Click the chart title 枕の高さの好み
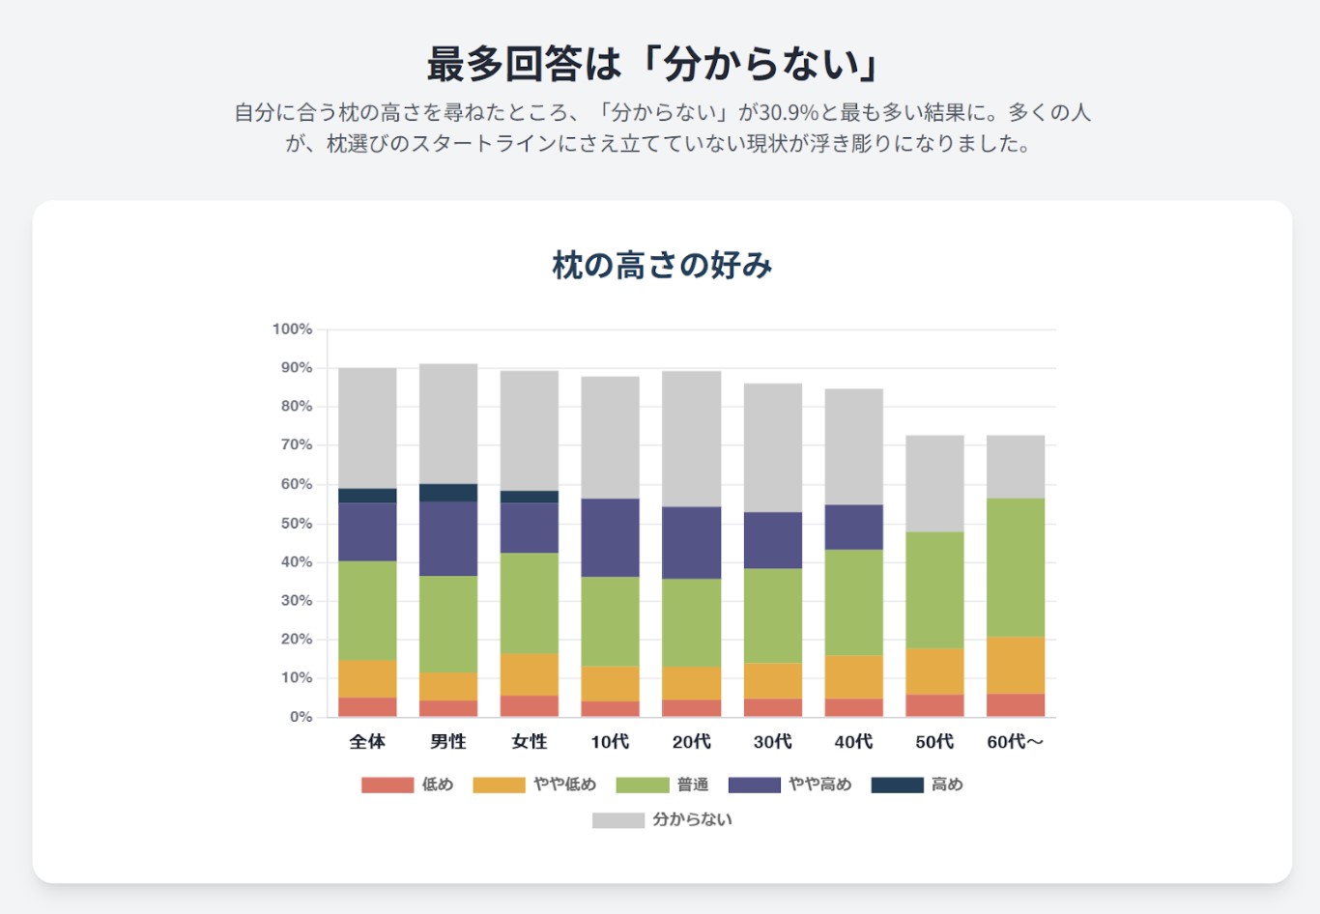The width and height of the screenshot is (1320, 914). tap(662, 266)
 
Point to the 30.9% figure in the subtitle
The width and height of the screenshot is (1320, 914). tap(789, 113)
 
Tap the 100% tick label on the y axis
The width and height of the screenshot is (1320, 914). tap(292, 329)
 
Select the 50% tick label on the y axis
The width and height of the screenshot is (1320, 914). tap(296, 524)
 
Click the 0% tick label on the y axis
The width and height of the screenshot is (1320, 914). tap(301, 717)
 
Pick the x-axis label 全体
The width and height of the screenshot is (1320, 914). tap(367, 742)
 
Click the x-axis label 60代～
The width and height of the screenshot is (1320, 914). tap(1015, 742)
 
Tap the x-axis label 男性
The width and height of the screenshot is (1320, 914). tap(448, 742)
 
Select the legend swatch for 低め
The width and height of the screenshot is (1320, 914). tap(387, 785)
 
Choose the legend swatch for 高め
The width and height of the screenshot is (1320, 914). tap(897, 785)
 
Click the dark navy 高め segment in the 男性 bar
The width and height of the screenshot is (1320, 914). tap(448, 493)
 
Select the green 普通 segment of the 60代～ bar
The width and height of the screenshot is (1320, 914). tap(1016, 567)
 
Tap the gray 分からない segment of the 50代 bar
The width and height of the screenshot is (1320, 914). tap(934, 483)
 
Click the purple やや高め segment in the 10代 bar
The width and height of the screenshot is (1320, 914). tap(610, 537)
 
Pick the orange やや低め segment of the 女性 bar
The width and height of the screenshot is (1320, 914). tap(530, 674)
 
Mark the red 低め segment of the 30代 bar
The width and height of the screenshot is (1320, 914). tap(772, 707)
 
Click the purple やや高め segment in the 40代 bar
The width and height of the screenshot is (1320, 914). tap(853, 527)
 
